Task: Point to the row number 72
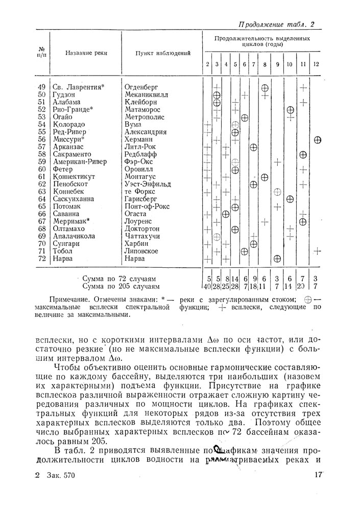coord(42,259)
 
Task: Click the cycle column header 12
coord(317,64)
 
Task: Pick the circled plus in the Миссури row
coord(317,139)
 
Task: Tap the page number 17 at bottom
coord(319,475)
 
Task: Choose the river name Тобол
coord(63,251)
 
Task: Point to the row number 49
coord(42,87)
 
